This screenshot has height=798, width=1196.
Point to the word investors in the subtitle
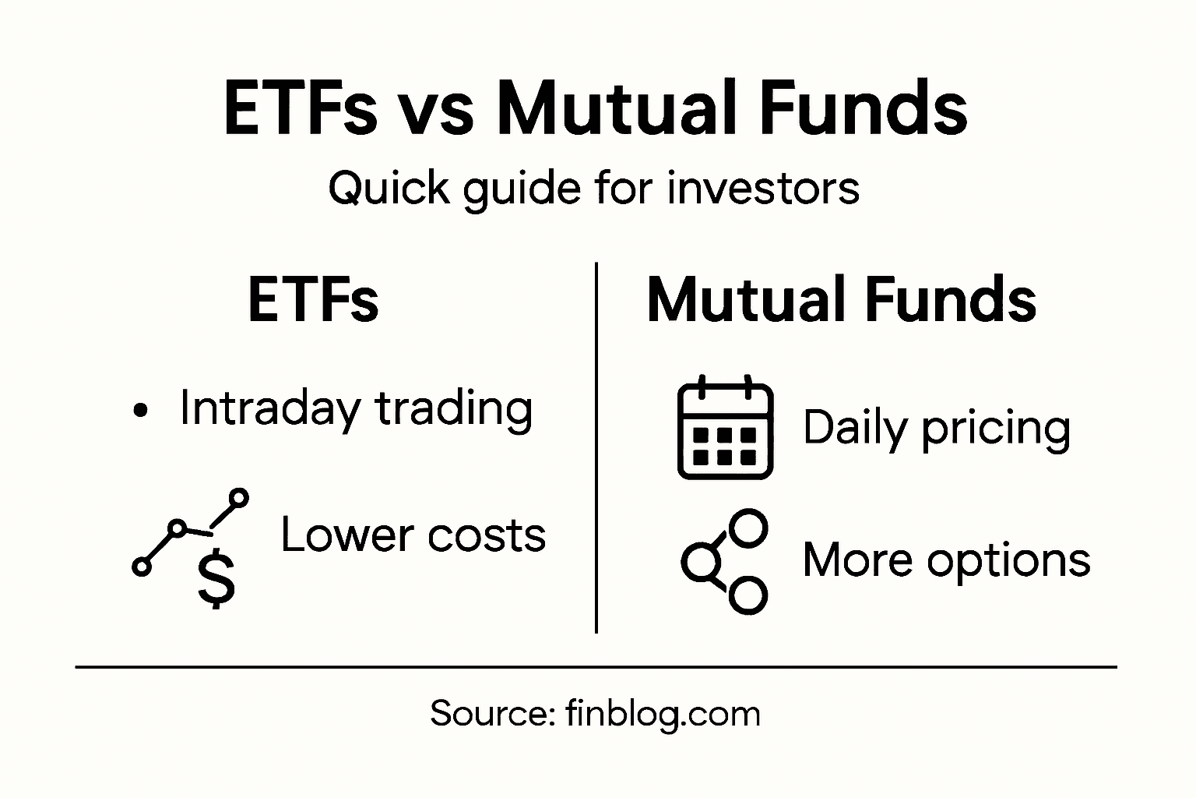pos(763,189)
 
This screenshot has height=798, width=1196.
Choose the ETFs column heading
pos(313,301)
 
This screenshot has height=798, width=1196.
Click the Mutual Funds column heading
pos(841,301)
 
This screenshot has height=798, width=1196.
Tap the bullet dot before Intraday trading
pos(140,411)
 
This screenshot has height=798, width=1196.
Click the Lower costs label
pos(413,535)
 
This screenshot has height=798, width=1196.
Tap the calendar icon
pos(725,428)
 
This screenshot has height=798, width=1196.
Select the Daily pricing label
pos(937,429)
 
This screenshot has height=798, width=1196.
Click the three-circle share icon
pos(725,561)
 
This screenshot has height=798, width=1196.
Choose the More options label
pos(946,560)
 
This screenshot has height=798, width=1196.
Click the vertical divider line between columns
pos(596,448)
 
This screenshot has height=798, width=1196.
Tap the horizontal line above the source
pos(596,667)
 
